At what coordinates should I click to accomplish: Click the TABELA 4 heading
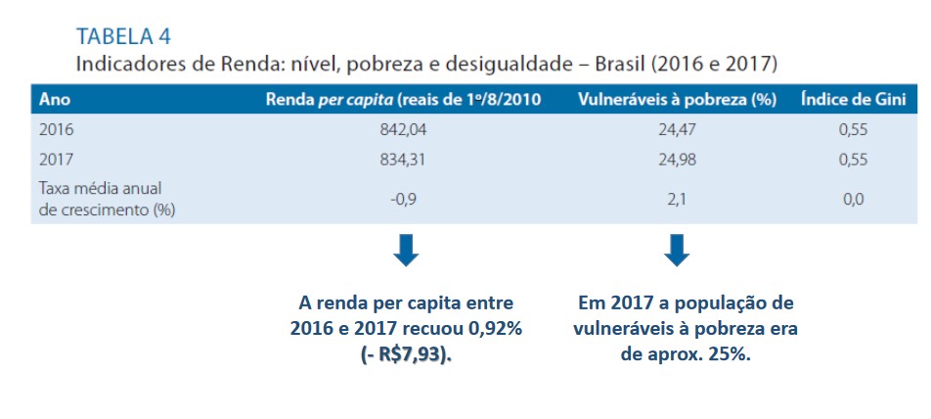[123, 37]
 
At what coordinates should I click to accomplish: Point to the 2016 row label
[56, 128]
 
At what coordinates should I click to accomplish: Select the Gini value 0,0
[852, 199]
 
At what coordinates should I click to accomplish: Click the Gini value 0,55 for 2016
[852, 128]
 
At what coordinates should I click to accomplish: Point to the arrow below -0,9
[406, 252]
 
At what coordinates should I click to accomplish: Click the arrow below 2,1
[676, 252]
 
